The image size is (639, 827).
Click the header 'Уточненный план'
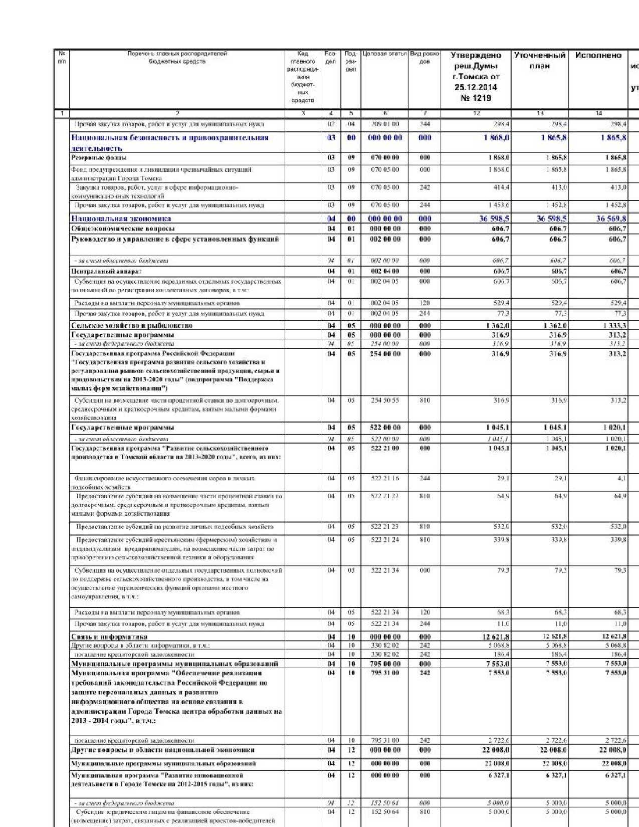click(x=539, y=61)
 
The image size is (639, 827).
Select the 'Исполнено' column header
click(x=598, y=56)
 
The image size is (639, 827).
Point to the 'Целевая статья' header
click(x=384, y=54)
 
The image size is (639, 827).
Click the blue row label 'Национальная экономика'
click(x=121, y=219)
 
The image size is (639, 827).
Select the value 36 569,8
click(x=611, y=219)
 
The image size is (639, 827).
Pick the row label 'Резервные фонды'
click(x=99, y=158)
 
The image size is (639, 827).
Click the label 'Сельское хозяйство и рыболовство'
click(x=131, y=325)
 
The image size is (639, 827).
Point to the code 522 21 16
click(x=385, y=478)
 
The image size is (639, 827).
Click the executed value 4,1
click(x=621, y=478)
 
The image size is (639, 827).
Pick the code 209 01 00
click(x=385, y=124)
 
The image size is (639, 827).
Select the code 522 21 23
click(x=385, y=527)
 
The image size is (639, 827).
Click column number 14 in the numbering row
click(x=598, y=113)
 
